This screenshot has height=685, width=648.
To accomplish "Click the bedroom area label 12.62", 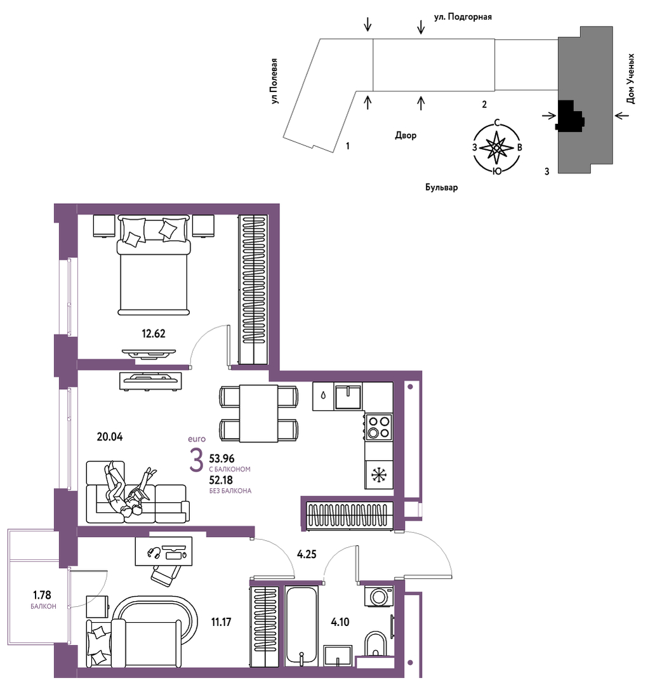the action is point(153,334).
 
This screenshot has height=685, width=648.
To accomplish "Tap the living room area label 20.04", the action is point(110,436).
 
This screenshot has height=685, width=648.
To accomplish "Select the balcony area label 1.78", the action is point(42,595).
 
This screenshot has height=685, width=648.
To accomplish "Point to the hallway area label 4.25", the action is point(307,554).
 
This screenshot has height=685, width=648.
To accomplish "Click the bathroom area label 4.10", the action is point(340,622).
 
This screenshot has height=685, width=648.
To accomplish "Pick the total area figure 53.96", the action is point(222,459).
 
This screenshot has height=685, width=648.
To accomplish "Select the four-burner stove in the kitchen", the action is point(379,427).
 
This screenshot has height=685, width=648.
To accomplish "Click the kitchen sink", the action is point(348,397).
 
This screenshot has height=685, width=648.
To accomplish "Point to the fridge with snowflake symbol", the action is point(379,475).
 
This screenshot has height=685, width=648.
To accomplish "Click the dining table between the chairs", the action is point(258,413).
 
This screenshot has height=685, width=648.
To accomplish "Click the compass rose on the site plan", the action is point(497,148).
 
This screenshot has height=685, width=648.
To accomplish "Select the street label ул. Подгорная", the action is point(463,17).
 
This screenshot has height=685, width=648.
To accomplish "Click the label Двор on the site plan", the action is point(406,135).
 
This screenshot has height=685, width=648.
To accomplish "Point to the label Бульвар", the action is point(442,187).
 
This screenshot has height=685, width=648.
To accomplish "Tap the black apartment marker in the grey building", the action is point(569,116).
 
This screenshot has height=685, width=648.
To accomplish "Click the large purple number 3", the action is point(197,460).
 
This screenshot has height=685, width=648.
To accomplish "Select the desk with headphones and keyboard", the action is point(164,551).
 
